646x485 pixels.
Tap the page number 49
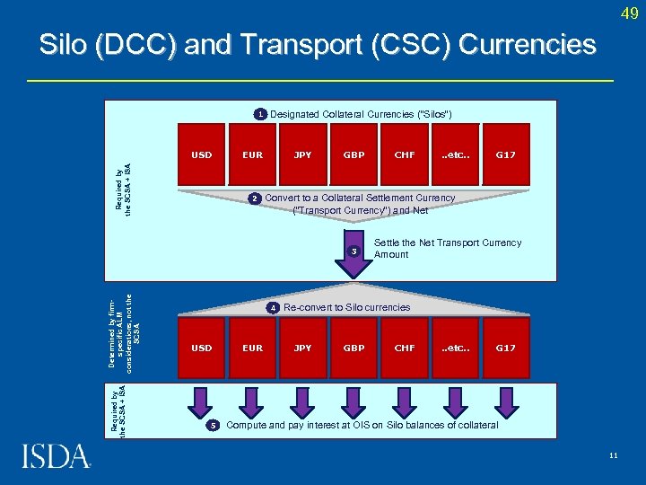click(628, 14)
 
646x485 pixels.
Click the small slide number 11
click(613, 455)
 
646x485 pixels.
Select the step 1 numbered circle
click(258, 114)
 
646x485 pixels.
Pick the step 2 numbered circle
click(255, 198)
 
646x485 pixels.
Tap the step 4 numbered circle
click(273, 308)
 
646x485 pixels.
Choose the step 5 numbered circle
click(213, 425)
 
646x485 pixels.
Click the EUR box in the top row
click(253, 155)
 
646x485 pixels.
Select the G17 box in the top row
click(506, 155)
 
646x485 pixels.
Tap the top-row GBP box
click(354, 155)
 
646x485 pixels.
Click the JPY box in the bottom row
click(303, 348)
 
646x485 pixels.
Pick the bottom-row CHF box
click(405, 348)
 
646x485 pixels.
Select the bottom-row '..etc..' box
click(456, 348)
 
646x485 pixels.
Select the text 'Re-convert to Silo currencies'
click(346, 308)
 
